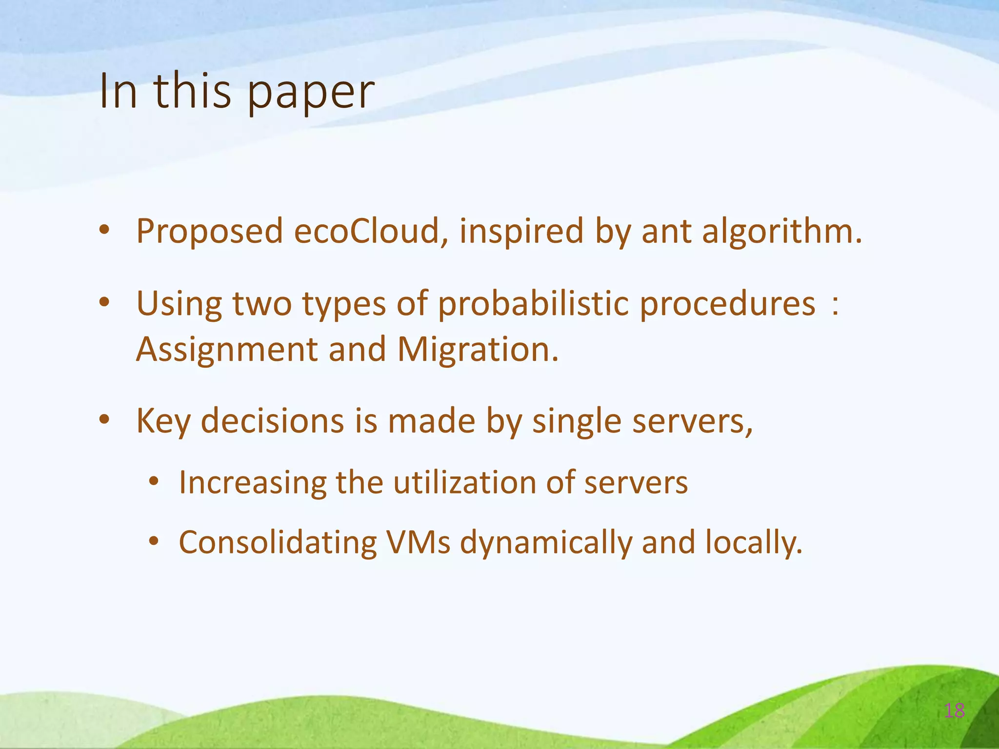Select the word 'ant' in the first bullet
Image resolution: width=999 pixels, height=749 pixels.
tap(666, 232)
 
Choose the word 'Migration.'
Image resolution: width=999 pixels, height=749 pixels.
tap(478, 349)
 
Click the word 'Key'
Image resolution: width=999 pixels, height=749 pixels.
tap(163, 421)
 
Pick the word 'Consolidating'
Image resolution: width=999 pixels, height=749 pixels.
tap(278, 542)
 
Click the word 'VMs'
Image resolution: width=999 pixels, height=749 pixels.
tap(418, 542)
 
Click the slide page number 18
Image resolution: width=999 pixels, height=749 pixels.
tap(954, 710)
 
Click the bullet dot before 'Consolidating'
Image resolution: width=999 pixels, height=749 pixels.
tap(154, 541)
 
